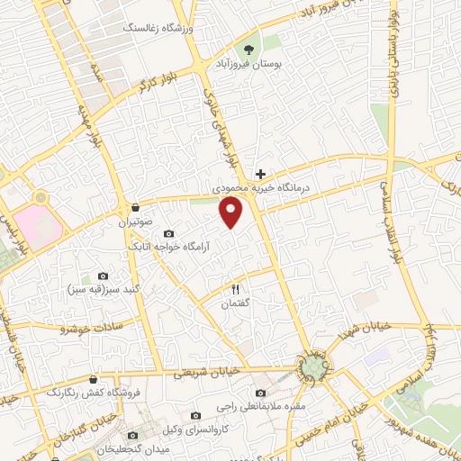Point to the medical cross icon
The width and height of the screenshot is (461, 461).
tap(260, 173)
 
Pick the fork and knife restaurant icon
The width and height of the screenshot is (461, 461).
tap(235, 289)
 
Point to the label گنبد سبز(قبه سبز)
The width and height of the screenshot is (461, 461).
tap(101, 291)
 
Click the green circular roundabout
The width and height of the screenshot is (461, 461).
tap(312, 366)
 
